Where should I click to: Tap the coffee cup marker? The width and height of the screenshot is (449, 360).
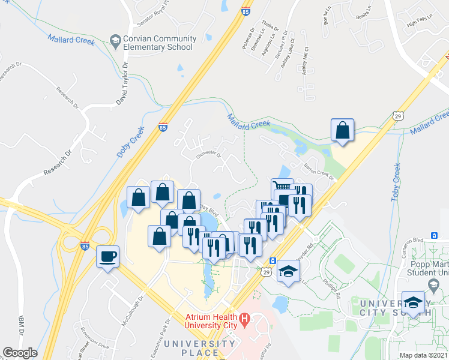pyautogui.click(x=108, y=256)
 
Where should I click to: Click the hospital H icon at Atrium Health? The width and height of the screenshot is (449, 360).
pyautogui.click(x=244, y=318)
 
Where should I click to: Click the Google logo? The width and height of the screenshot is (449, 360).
pyautogui.click(x=20, y=353)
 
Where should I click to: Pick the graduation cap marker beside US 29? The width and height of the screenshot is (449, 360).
pyautogui.click(x=288, y=271)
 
